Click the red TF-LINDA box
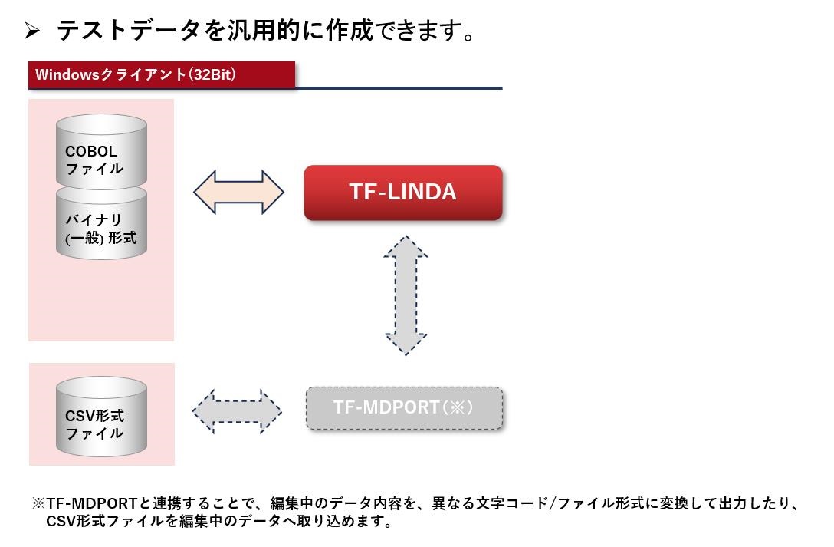402,192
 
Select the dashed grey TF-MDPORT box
404,408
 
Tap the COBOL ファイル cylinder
101,152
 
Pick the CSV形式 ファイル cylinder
101,417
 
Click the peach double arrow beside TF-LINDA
239,192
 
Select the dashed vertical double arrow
406,295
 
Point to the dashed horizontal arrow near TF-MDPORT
237,411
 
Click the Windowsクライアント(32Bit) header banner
162,74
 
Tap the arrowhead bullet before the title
32,31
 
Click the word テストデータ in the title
128,30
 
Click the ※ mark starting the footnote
38,503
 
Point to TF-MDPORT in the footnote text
92,503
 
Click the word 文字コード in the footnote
511,503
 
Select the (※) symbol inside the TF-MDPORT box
458,407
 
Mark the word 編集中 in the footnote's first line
292,503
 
